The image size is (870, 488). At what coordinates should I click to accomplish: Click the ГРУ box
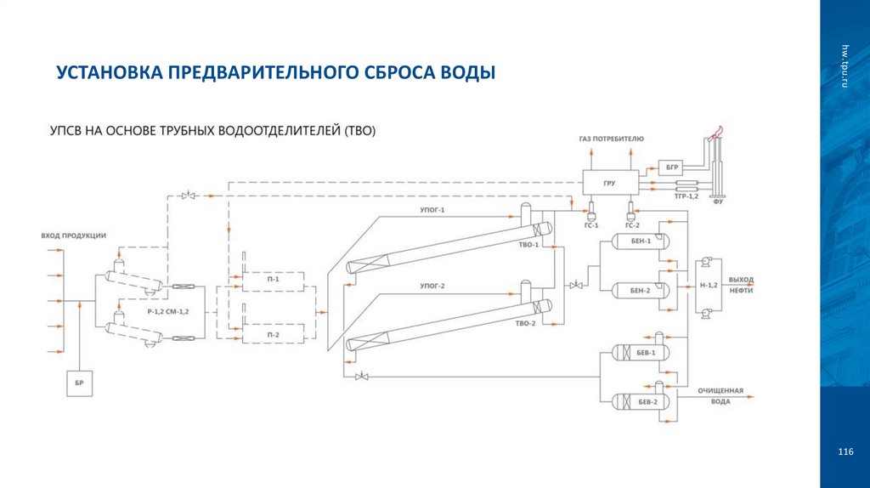(608, 182)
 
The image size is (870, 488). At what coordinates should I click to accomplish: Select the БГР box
(670, 167)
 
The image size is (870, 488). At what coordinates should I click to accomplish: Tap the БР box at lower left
(79, 384)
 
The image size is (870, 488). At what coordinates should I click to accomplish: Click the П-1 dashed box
(273, 278)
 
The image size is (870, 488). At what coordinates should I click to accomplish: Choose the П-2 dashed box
(273, 335)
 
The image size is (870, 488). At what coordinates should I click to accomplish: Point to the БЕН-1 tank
(641, 241)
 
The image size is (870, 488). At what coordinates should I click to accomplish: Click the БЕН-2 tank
(641, 290)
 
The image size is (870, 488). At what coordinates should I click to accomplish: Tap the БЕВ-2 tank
(641, 401)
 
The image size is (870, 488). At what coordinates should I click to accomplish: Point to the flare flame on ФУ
(718, 131)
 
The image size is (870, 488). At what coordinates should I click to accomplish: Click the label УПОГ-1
(432, 209)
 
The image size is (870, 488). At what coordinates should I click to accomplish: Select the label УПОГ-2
(432, 286)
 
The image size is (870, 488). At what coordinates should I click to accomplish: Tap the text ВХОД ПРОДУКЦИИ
(73, 235)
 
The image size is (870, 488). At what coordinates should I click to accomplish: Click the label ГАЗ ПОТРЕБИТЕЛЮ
(612, 138)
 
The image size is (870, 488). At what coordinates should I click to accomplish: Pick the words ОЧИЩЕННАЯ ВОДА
(720, 397)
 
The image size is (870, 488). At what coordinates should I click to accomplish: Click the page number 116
(845, 450)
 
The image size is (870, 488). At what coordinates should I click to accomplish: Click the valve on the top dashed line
(189, 196)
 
